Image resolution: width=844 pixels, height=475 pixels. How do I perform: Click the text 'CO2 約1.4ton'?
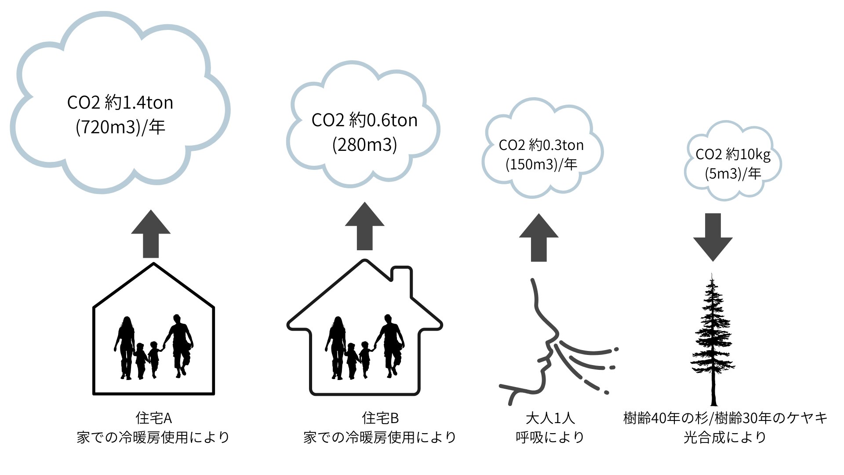pos(120,103)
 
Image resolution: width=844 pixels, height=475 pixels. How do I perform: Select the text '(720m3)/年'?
pos(120,128)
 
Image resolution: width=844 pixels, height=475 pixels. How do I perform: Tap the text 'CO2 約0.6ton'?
pos(364,121)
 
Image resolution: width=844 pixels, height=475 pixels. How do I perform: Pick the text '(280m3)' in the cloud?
pos(364,145)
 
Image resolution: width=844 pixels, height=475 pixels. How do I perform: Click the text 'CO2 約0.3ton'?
pos(541,145)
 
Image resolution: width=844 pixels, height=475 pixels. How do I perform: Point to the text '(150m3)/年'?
pos(541,164)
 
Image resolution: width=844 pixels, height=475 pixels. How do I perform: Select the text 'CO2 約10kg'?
pos(733,154)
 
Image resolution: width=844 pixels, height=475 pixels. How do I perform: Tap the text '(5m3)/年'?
pos(733,174)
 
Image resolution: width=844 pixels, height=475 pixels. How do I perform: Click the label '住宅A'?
pos(153,418)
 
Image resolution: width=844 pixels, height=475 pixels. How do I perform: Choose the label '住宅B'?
pos(380,418)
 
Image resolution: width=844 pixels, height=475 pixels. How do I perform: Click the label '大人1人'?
pos(550,418)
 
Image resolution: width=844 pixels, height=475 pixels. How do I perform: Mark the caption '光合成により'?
pos(725,437)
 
